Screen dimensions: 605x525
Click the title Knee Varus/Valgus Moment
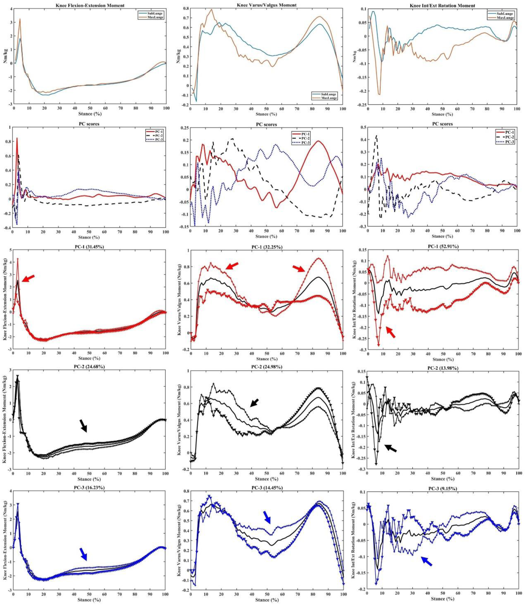coord(266,5)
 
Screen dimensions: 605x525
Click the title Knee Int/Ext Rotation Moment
coord(442,5)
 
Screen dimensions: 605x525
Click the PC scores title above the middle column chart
coord(266,124)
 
